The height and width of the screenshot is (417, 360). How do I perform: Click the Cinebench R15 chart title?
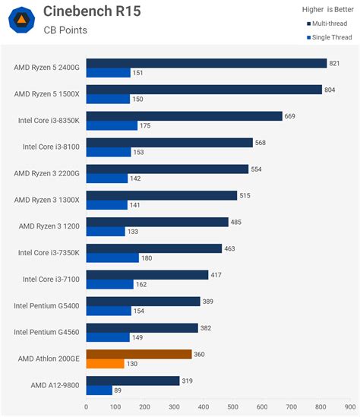(92, 11)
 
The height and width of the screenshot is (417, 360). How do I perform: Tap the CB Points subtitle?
(65, 30)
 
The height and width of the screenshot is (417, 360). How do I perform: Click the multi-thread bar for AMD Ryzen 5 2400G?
(206, 64)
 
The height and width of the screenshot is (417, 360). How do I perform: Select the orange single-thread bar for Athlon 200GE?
(105, 364)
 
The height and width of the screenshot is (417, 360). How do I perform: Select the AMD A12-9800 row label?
(55, 385)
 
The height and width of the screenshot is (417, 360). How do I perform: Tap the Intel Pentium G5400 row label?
(46, 306)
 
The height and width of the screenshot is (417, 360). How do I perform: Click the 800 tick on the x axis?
(321, 406)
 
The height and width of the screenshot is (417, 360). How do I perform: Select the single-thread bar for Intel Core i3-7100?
(109, 285)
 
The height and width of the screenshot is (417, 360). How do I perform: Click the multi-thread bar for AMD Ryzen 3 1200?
(157, 222)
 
